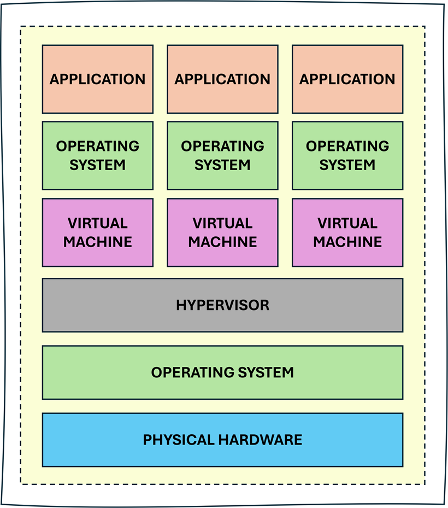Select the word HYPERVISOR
click(222, 305)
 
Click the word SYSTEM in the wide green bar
click(266, 372)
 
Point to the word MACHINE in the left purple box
click(98, 242)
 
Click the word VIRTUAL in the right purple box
click(347, 223)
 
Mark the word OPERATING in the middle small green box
click(222, 146)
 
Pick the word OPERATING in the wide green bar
click(193, 372)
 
